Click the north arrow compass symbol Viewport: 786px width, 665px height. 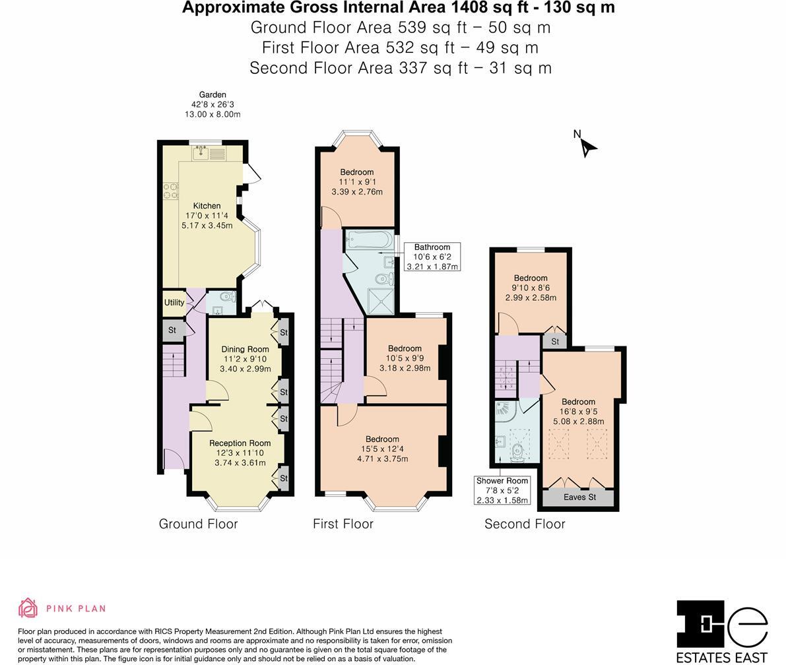tap(587, 146)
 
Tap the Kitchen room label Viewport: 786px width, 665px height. tap(207, 206)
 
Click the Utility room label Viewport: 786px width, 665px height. tap(174, 303)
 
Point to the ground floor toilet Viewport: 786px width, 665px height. tap(226, 296)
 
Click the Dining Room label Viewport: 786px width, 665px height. tap(245, 349)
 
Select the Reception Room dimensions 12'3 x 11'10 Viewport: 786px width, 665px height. tap(240, 453)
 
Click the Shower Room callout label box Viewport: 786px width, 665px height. tap(502, 490)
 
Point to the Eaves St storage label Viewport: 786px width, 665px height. tap(579, 497)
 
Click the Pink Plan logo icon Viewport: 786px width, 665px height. tap(28, 608)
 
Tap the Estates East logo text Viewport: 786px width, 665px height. tap(722, 657)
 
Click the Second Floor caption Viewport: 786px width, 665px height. tap(525, 524)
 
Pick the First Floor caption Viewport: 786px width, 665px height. tap(343, 524)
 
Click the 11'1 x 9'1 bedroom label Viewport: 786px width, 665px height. tap(357, 182)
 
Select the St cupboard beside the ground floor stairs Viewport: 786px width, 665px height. tap(172, 330)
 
